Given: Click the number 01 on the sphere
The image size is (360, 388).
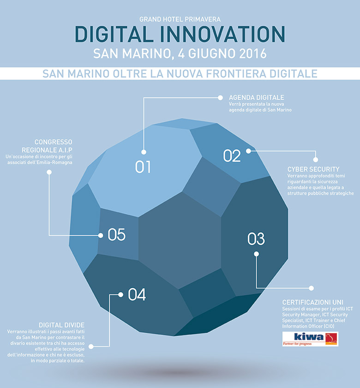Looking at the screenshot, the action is [143, 167].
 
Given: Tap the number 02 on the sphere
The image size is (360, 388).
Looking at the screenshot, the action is [232, 156].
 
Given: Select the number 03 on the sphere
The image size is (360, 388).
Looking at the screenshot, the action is [256, 239].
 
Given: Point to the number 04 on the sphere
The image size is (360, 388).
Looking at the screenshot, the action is [137, 295].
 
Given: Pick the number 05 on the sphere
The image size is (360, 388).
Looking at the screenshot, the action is [116, 235].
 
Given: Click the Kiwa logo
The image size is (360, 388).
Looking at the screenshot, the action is [310, 339].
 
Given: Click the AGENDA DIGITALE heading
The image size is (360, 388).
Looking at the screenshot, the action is [257, 97].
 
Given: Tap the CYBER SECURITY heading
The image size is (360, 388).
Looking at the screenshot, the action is [313, 169].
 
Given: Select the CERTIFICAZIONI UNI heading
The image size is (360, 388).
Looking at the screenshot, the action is [313, 302].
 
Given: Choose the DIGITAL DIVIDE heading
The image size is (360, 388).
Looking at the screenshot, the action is [61, 325].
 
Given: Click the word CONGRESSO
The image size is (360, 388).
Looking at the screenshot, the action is [54, 142].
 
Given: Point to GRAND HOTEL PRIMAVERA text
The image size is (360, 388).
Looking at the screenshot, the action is [180, 19].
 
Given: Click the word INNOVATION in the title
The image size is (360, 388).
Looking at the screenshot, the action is [223, 34].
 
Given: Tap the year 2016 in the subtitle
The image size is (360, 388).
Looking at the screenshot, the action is [253, 54].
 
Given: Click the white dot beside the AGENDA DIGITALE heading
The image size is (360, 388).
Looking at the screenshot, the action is [220, 98].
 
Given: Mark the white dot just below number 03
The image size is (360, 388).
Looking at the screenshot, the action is [257, 254].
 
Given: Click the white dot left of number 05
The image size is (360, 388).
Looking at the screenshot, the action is [101, 235].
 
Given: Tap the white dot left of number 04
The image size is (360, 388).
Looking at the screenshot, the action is [120, 295].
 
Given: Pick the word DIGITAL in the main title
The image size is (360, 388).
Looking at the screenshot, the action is [114, 34].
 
